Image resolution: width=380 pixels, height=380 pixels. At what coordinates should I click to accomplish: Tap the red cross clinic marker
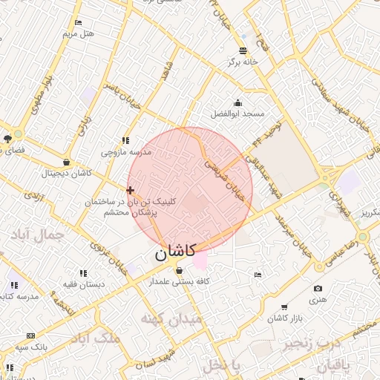pos(131,191)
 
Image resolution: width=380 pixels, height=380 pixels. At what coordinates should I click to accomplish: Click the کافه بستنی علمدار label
pos(179,282)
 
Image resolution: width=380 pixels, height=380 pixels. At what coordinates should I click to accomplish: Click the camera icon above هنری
pos(318,289)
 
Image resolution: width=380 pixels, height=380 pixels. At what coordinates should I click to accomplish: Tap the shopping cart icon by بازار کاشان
pos(284,307)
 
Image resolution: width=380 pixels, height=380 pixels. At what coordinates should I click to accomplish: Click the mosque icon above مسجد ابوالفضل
pos(237,103)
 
